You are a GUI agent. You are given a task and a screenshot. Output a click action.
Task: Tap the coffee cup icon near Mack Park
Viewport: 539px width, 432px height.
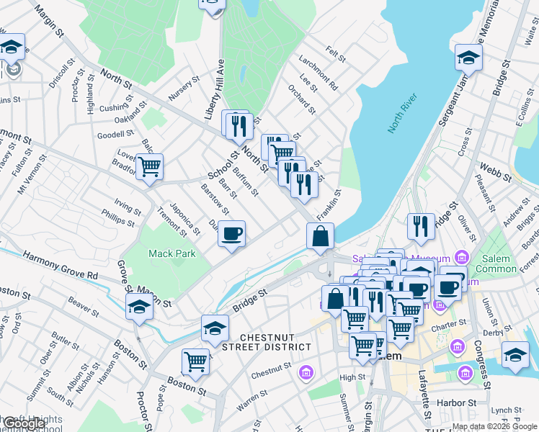coord(231,234)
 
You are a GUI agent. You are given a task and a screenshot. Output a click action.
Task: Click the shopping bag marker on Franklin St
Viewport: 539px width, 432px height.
coord(320,236)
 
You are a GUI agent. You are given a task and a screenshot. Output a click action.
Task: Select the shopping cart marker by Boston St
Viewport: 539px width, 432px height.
coord(195,361)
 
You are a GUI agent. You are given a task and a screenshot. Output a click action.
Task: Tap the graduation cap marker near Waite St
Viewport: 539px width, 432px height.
coord(468,58)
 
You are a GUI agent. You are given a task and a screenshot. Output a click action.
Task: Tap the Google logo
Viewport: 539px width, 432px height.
coord(24,424)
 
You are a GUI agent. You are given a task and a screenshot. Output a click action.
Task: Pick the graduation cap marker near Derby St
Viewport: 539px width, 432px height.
coord(515,355)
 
